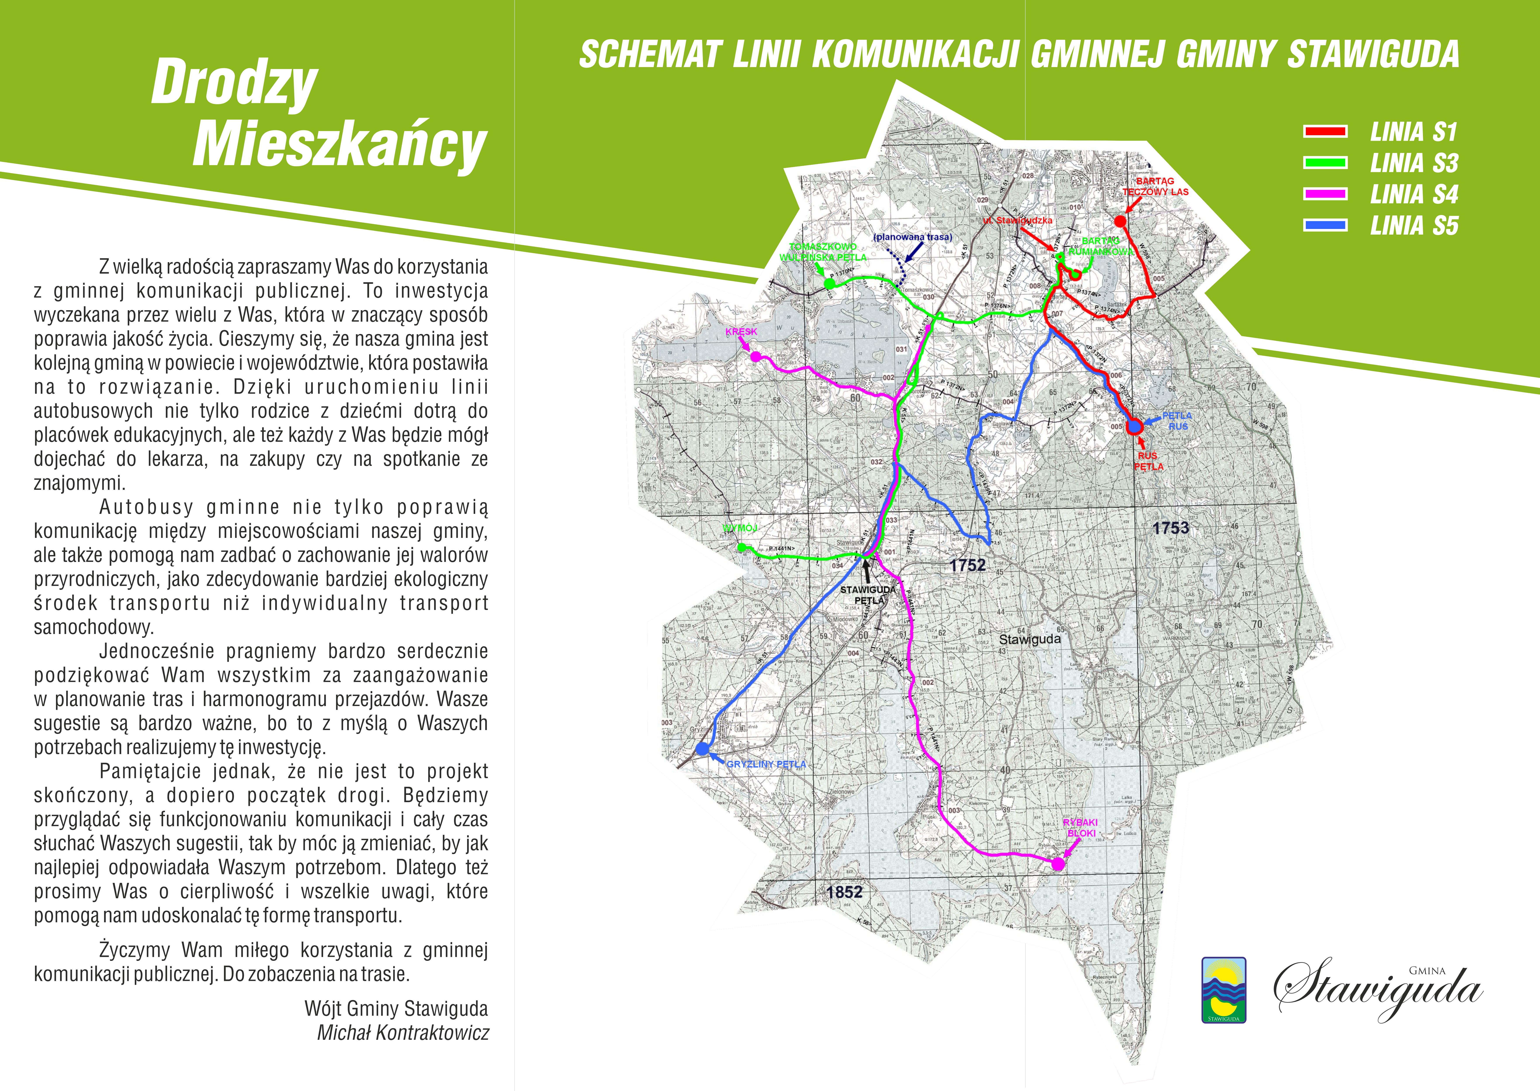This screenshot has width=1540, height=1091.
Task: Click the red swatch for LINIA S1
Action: [1325, 132]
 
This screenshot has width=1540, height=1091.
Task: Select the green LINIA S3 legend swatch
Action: [1325, 163]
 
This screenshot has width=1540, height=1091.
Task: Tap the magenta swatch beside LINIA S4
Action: [1325, 194]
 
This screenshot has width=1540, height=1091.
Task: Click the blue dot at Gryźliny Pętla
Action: [702, 748]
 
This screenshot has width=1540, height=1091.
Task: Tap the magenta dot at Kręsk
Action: [755, 357]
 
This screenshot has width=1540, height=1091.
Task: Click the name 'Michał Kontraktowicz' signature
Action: [403, 1032]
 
